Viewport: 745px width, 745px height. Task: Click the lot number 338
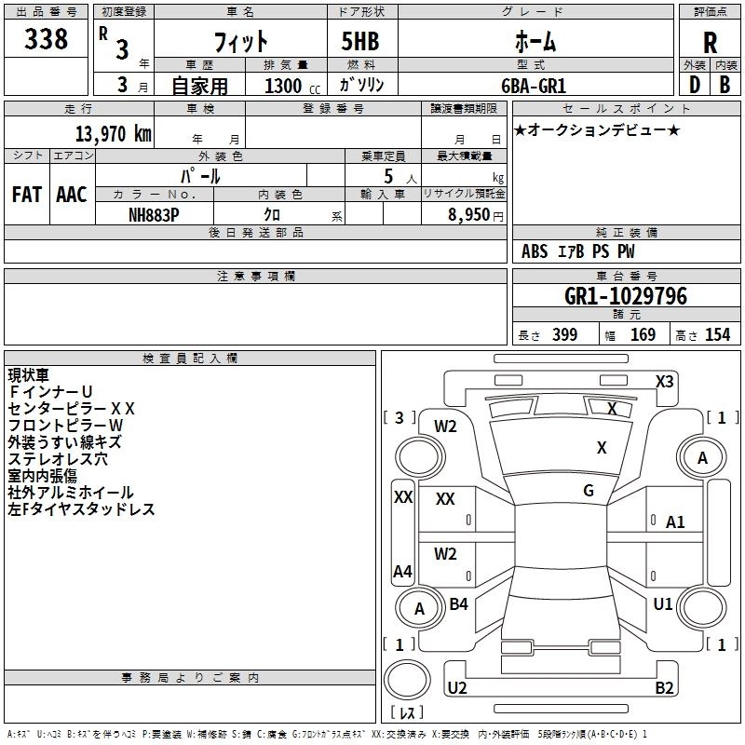coord(46,38)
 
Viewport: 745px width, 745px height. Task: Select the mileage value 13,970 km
coord(113,133)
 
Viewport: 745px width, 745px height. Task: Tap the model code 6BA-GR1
coord(534,86)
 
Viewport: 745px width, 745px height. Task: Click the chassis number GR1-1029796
coord(626,296)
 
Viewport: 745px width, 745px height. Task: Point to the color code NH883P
coord(154,215)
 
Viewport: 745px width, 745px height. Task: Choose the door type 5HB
coord(360,41)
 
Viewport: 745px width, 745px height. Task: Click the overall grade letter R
coord(710,43)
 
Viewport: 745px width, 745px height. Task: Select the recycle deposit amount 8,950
coord(469,215)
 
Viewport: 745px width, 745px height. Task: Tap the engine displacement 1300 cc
coord(292,86)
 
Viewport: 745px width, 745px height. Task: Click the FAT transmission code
coord(27,195)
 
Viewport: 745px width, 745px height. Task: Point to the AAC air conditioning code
coord(72,195)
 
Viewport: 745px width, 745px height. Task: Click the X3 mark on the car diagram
coord(665,382)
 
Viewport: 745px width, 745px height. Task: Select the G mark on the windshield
coord(589,491)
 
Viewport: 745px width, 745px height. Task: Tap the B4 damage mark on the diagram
coord(458,603)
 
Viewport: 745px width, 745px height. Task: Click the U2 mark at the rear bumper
coord(457,687)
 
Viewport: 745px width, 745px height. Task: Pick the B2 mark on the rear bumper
coord(664,687)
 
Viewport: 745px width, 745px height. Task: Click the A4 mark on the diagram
coord(403,571)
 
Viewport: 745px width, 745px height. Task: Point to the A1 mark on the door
coord(675,522)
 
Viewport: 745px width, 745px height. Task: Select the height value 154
coord(717,335)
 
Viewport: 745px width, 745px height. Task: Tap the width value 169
coord(643,335)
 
